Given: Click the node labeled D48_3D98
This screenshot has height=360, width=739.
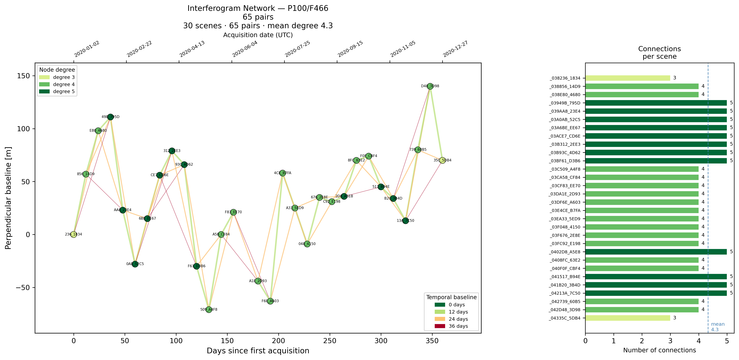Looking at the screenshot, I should pos(430,86).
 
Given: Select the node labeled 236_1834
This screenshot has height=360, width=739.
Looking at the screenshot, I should pos(74,234).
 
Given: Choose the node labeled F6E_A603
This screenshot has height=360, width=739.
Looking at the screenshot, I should pos(270,301).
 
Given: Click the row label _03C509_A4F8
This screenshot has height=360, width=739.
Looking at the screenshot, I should pos(565,169).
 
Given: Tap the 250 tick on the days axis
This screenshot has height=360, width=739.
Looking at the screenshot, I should pos(330,341).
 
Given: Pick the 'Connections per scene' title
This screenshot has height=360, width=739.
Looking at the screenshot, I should pos(659,52).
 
